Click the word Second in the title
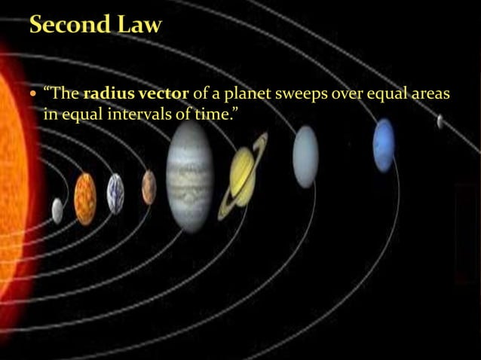[x=69, y=26]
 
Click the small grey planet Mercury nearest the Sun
[x=57, y=210]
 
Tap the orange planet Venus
[x=85, y=198]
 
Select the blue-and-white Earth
[x=115, y=194]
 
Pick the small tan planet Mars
[x=149, y=187]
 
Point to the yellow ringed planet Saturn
[x=242, y=173]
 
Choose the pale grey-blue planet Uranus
[x=305, y=157]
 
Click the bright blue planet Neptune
[x=384, y=145]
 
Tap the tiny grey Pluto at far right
[x=440, y=121]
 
